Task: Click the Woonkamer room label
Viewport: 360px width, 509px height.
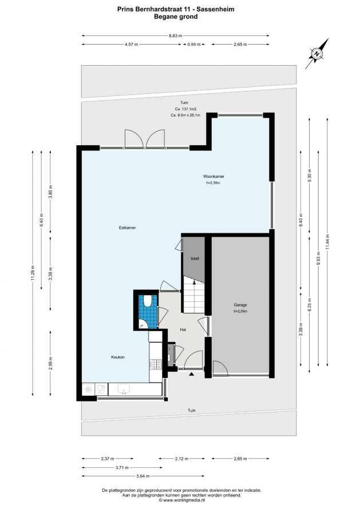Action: (x=213, y=177)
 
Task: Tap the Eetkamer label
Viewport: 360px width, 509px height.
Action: (x=128, y=228)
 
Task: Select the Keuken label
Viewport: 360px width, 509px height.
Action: (x=118, y=357)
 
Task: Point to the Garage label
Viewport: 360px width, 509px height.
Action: (x=240, y=305)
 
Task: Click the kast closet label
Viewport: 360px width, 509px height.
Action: (x=195, y=259)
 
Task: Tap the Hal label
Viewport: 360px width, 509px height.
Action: (x=183, y=330)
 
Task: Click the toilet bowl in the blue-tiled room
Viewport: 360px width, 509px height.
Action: (x=147, y=301)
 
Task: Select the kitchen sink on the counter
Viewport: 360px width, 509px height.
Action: (x=124, y=388)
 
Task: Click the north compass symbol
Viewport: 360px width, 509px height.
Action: (x=317, y=54)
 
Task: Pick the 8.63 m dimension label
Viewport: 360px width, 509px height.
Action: (x=176, y=35)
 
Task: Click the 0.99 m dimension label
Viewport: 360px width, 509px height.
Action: (x=194, y=45)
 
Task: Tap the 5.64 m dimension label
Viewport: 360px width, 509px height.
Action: (x=143, y=476)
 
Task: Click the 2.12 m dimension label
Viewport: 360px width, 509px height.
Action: (x=181, y=459)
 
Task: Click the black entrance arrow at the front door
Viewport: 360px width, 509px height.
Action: (x=191, y=374)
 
